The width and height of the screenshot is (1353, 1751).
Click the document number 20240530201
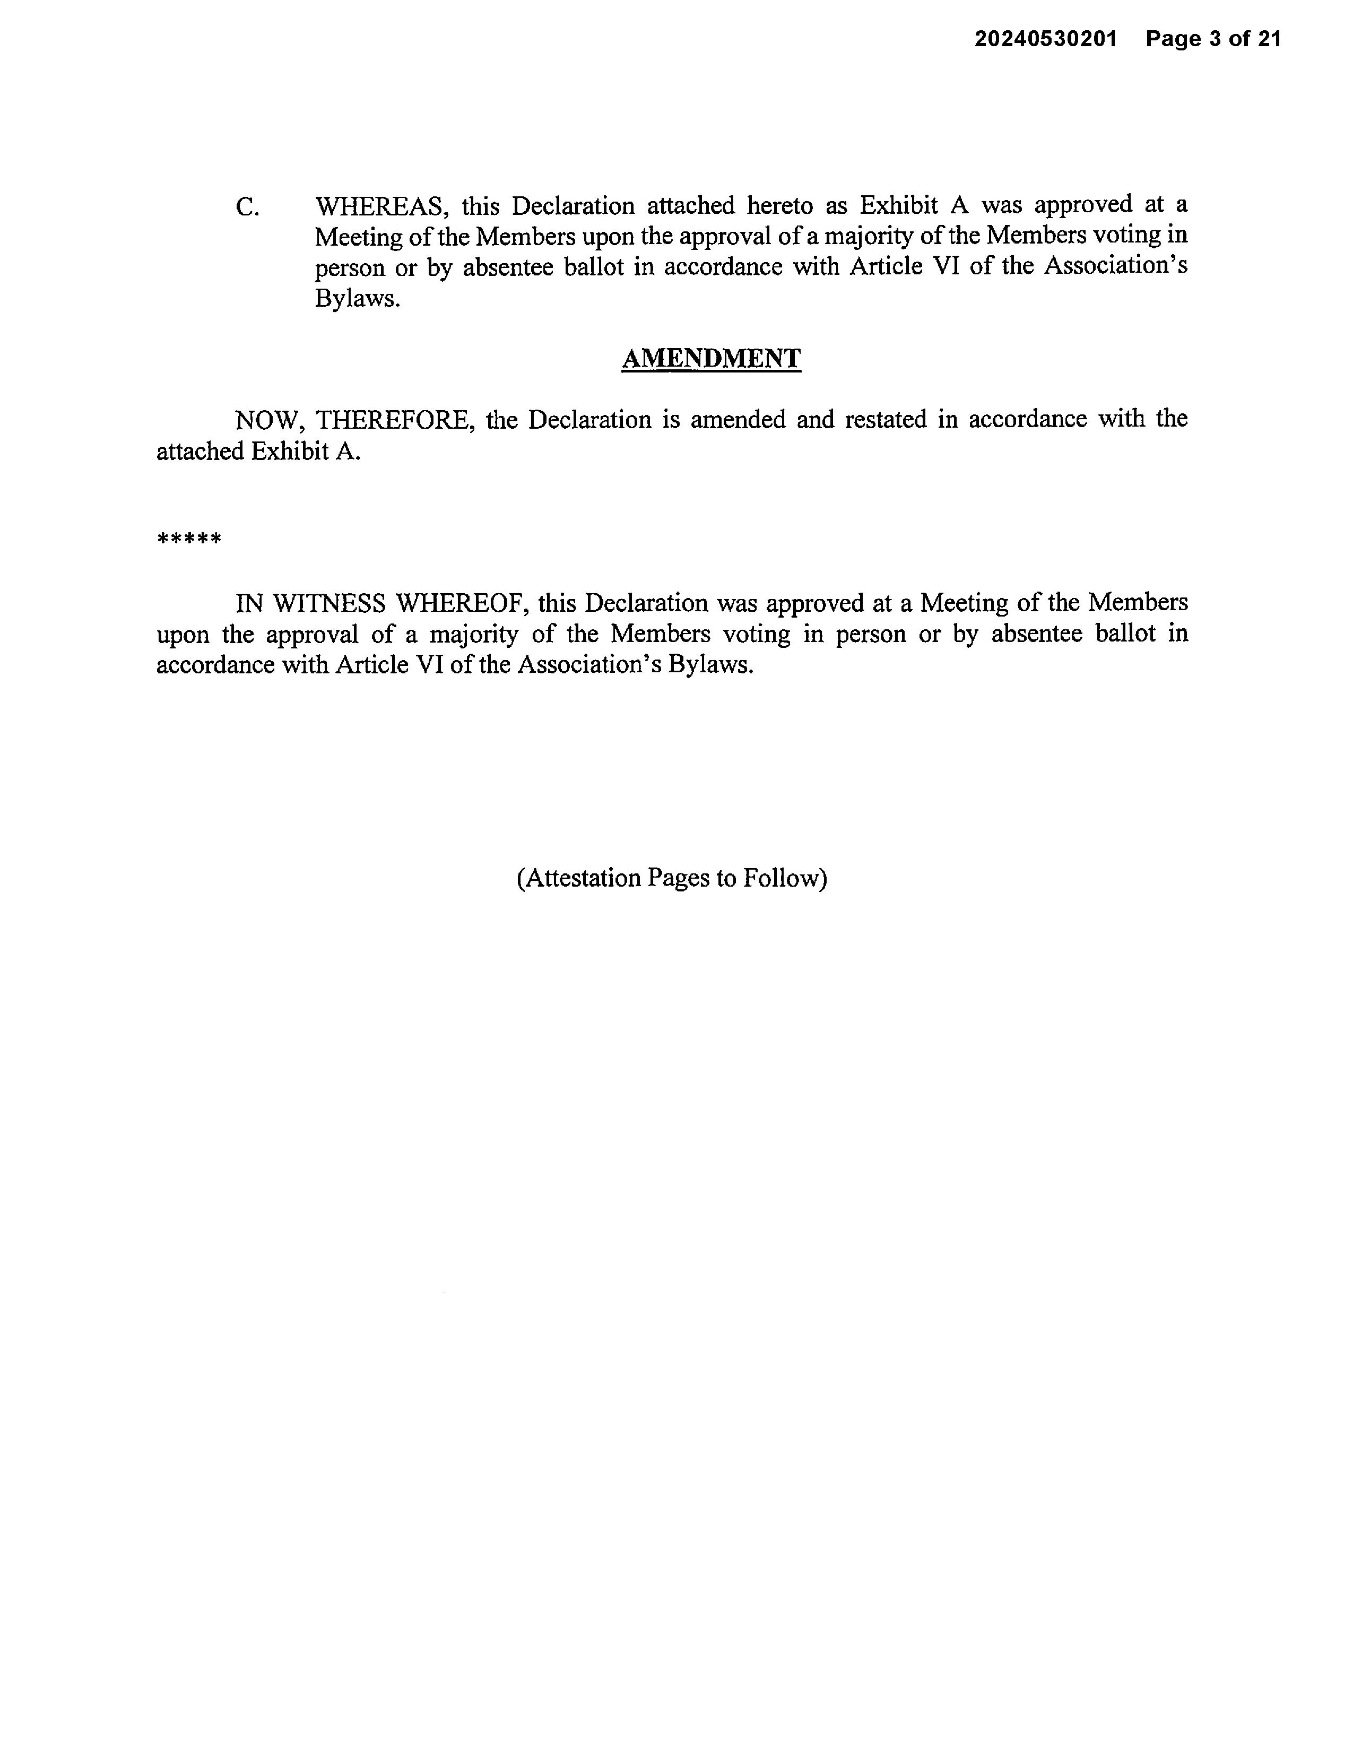[1045, 39]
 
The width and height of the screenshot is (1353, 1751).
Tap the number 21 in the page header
[1269, 39]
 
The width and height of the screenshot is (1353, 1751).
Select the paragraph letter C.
[247, 207]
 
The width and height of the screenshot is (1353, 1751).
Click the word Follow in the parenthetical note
[785, 878]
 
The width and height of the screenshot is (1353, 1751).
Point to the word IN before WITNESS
[248, 603]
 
